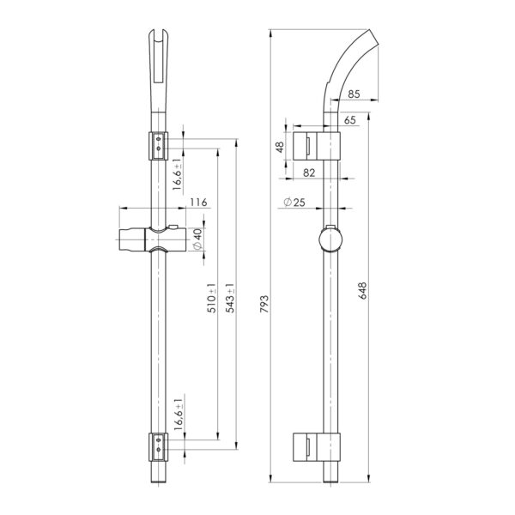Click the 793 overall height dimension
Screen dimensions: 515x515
(264, 304)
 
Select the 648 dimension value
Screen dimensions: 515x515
(362, 290)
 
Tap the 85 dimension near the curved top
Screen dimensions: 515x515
(354, 94)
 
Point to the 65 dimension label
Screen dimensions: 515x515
(350, 120)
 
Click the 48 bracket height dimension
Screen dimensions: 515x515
(280, 147)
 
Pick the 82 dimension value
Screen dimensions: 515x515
(309, 173)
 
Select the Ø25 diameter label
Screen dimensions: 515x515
(294, 203)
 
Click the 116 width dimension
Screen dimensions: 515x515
(199, 202)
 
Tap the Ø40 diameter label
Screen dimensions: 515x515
(197, 239)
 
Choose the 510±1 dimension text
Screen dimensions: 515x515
(212, 298)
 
